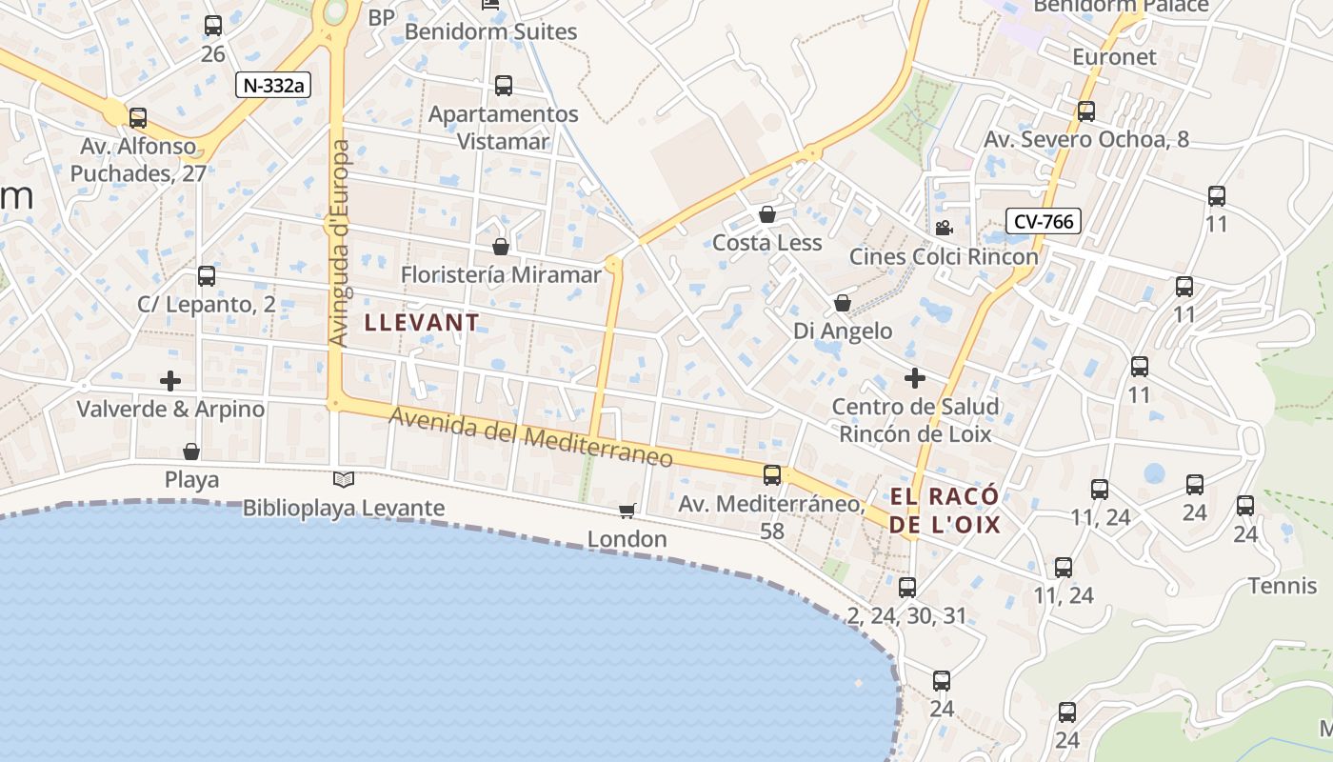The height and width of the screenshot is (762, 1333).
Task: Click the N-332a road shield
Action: [x=274, y=85]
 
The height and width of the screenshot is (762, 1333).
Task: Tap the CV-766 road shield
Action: [x=1044, y=222]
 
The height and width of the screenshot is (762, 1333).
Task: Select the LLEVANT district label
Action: [x=422, y=323]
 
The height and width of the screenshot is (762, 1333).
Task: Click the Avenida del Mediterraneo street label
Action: [x=531, y=437]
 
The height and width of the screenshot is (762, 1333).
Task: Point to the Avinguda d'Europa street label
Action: [x=339, y=243]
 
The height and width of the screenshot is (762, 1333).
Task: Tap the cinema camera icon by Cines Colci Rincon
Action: [x=944, y=228]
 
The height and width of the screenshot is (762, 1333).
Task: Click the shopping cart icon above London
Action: [x=627, y=511]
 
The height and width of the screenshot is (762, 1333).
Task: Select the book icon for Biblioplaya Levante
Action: [x=344, y=479]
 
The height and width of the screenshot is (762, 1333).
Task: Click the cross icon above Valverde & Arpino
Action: [x=170, y=381]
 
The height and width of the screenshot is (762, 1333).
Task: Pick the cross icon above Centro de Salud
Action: [x=915, y=378]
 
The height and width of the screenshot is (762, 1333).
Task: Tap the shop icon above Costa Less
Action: [x=767, y=214]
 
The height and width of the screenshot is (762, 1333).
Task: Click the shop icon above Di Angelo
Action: [x=843, y=303]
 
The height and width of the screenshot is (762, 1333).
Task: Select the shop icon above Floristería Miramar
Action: [x=501, y=247]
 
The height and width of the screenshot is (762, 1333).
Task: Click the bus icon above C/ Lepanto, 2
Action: [x=207, y=276]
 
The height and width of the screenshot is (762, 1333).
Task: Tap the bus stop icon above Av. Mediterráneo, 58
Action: [x=772, y=474]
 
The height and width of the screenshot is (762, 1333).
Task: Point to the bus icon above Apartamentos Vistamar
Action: [x=504, y=86]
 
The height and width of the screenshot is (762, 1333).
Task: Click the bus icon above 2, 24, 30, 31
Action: [x=907, y=587]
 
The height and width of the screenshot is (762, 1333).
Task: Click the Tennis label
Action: [x=1282, y=585]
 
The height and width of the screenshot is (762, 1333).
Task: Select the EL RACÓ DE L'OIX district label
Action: [x=945, y=511]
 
